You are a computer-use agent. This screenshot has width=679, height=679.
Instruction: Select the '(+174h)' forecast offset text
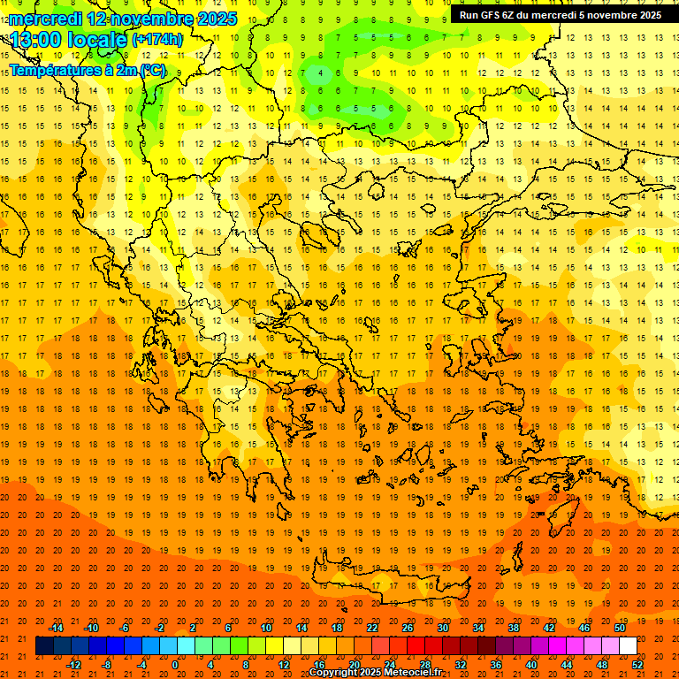[157, 40]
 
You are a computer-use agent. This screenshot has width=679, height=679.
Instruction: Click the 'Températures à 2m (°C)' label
[87, 70]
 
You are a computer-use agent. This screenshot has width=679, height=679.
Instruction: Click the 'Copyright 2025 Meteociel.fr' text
[375, 673]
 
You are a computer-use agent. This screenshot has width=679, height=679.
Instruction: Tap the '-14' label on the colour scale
[56, 628]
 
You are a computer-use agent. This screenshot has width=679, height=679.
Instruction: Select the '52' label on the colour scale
[638, 665]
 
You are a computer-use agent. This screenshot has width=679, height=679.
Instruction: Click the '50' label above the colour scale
[620, 628]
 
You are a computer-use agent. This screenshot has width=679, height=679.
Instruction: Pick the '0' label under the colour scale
[175, 665]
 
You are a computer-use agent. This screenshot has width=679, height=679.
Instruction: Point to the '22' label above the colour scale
[372, 628]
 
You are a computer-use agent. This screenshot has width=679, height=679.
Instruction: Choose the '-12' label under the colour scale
[73, 665]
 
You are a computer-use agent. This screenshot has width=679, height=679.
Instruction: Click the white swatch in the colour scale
[628, 646]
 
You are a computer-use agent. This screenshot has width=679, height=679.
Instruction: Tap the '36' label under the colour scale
[495, 665]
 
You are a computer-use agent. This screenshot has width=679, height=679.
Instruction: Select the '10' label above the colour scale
[266, 628]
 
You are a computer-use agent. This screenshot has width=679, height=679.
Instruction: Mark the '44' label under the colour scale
[566, 665]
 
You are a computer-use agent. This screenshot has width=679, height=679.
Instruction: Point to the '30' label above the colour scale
[443, 628]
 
